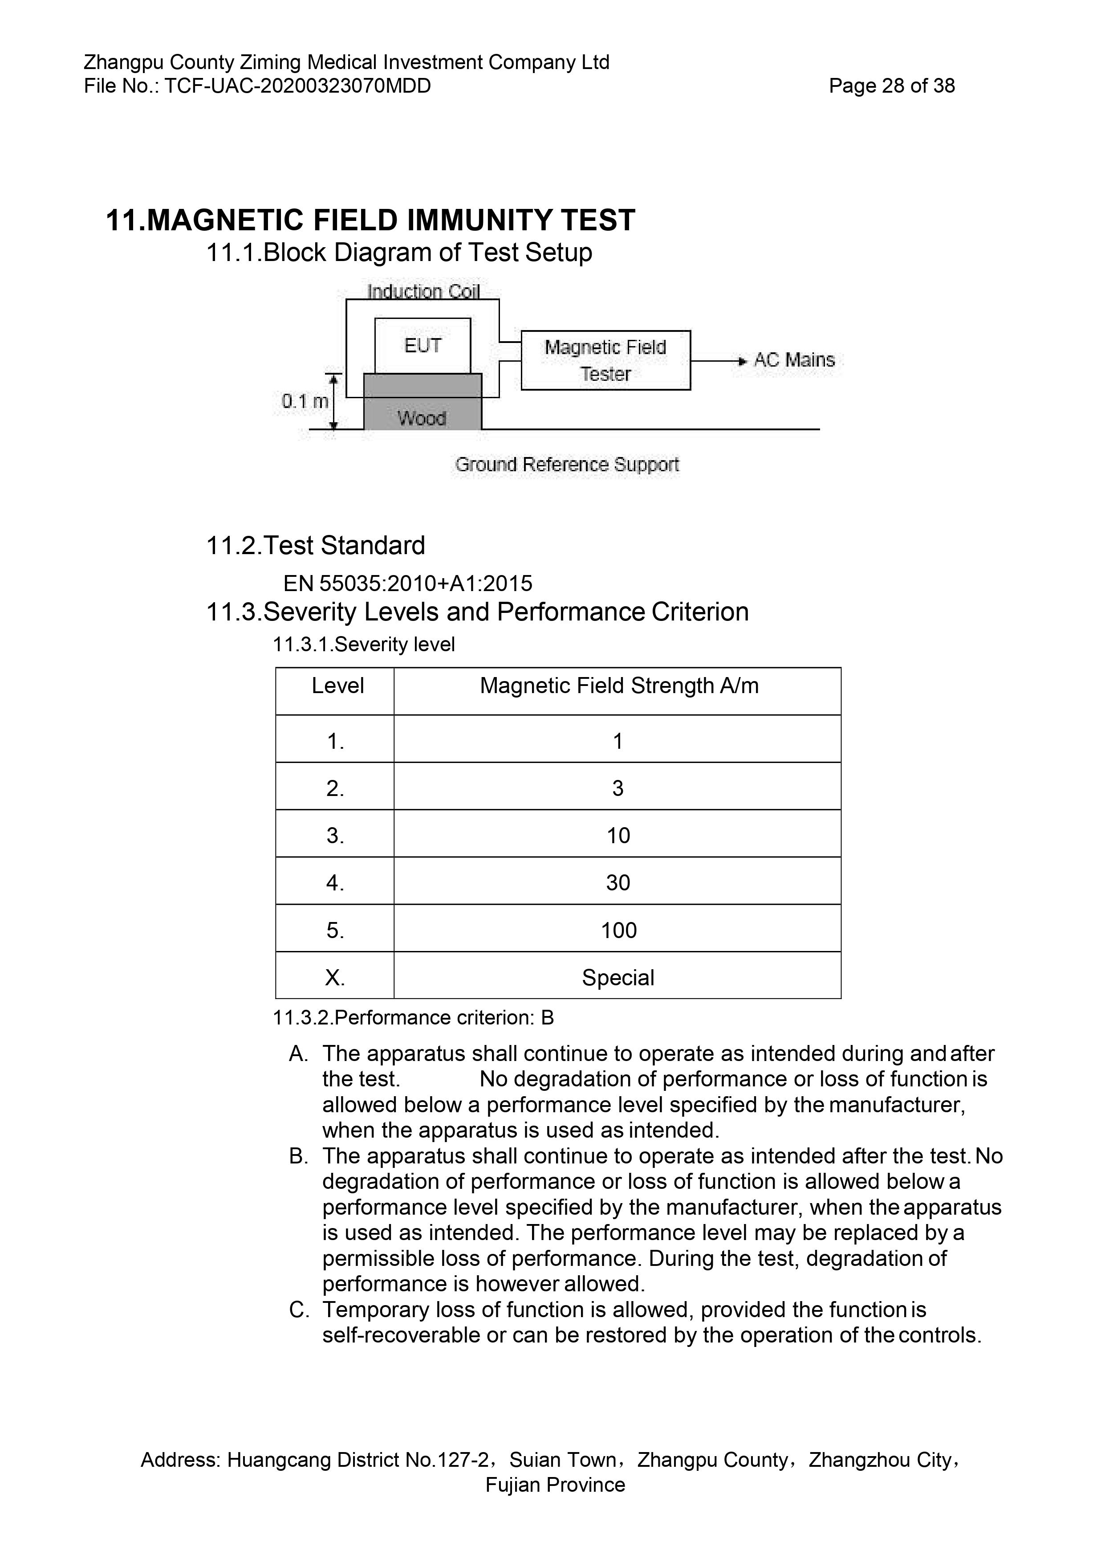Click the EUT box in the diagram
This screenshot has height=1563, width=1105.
click(x=422, y=346)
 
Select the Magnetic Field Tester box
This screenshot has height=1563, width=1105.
click(x=605, y=360)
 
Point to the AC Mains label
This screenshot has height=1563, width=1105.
click(x=794, y=360)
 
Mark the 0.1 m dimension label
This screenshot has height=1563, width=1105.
click(x=305, y=402)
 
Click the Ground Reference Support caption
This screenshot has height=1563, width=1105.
click(x=567, y=465)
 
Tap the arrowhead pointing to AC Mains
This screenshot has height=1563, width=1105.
click(x=742, y=361)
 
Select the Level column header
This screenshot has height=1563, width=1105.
click(x=337, y=686)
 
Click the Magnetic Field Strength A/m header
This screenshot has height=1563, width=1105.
click(x=618, y=686)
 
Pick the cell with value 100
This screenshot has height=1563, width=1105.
click(x=618, y=930)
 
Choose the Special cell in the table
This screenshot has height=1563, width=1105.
click(x=618, y=978)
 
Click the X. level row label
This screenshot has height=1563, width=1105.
click(x=335, y=978)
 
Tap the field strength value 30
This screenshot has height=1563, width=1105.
click(x=618, y=883)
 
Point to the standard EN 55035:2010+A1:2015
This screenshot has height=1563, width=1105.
click(x=407, y=584)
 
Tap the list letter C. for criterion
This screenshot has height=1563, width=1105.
click(x=299, y=1310)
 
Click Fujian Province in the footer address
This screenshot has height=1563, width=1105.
click(x=555, y=1485)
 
